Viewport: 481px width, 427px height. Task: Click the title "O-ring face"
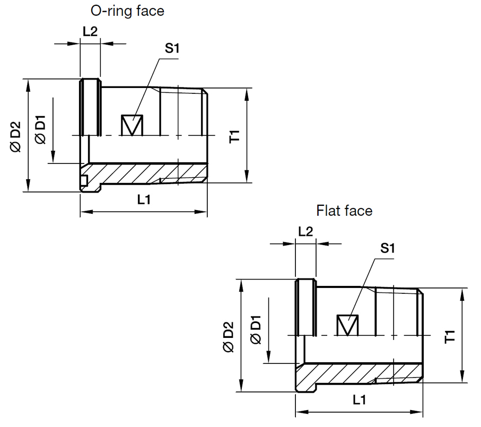coord(128,10)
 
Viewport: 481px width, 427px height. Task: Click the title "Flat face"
coord(344,211)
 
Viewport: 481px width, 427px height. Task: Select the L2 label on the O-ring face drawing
coord(90,31)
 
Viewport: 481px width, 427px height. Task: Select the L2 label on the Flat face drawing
coord(305,231)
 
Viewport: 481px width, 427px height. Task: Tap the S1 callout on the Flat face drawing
coord(388,248)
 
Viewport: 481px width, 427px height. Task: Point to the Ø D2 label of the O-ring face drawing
coord(16,137)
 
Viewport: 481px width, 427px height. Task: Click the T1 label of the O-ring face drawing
coord(235,135)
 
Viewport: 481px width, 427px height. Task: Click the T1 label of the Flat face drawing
coord(450,336)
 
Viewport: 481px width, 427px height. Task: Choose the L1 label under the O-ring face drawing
coord(144,200)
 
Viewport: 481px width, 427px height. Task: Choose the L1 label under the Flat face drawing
coord(360,400)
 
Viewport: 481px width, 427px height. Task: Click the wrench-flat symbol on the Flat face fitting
coord(348,325)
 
